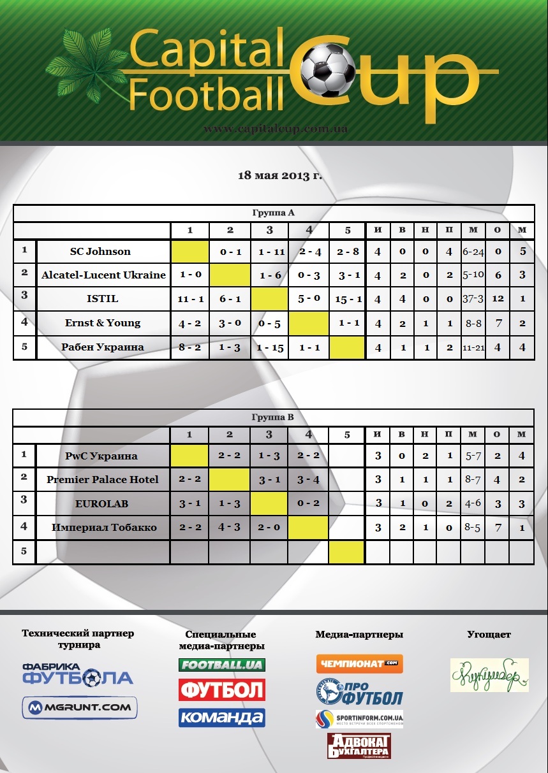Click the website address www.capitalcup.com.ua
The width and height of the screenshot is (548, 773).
(276, 129)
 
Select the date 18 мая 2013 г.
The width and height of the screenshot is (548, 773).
(280, 175)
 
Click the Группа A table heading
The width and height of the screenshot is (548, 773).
(273, 213)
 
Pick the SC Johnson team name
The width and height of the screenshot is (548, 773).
(100, 251)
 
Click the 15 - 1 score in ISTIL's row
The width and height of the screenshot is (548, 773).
(348, 298)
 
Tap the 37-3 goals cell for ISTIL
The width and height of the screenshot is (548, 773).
(473, 299)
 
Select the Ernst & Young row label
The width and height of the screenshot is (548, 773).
(103, 322)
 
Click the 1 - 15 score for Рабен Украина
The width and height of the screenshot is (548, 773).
(270, 347)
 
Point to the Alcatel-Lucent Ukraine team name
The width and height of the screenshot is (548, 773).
(103, 275)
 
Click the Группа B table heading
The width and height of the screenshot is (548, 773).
(273, 418)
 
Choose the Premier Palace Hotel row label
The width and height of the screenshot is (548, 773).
(103, 479)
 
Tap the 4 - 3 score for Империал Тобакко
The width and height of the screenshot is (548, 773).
(229, 527)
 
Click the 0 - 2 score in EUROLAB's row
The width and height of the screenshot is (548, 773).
(308, 503)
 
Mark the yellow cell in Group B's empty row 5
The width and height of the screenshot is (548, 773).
(346, 551)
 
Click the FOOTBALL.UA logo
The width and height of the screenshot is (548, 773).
(221, 665)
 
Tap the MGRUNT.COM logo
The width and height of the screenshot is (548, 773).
(80, 707)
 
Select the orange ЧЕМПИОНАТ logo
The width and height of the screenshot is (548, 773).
(359, 663)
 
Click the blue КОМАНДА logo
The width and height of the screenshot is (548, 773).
(221, 718)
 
